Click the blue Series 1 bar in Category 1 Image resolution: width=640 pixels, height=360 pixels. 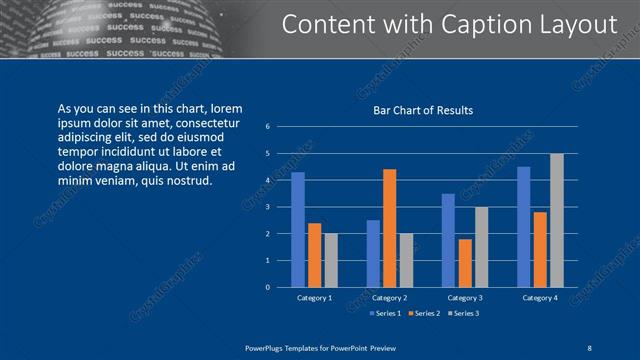297,230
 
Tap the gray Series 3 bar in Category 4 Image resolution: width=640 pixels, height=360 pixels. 557,220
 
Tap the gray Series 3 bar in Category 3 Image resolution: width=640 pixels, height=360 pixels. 481,247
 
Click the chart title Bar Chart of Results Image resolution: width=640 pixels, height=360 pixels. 423,110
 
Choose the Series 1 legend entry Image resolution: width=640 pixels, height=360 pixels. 387,313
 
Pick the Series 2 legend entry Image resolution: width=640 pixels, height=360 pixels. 424,313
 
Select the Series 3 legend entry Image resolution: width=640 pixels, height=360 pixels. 462,313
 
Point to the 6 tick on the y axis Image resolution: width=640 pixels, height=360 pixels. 268,127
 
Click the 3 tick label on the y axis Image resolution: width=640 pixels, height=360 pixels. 268,207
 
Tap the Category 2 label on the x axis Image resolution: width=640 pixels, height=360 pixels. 389,298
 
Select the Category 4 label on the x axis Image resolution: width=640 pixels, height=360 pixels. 540,298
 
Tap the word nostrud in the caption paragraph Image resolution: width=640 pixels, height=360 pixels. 188,180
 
